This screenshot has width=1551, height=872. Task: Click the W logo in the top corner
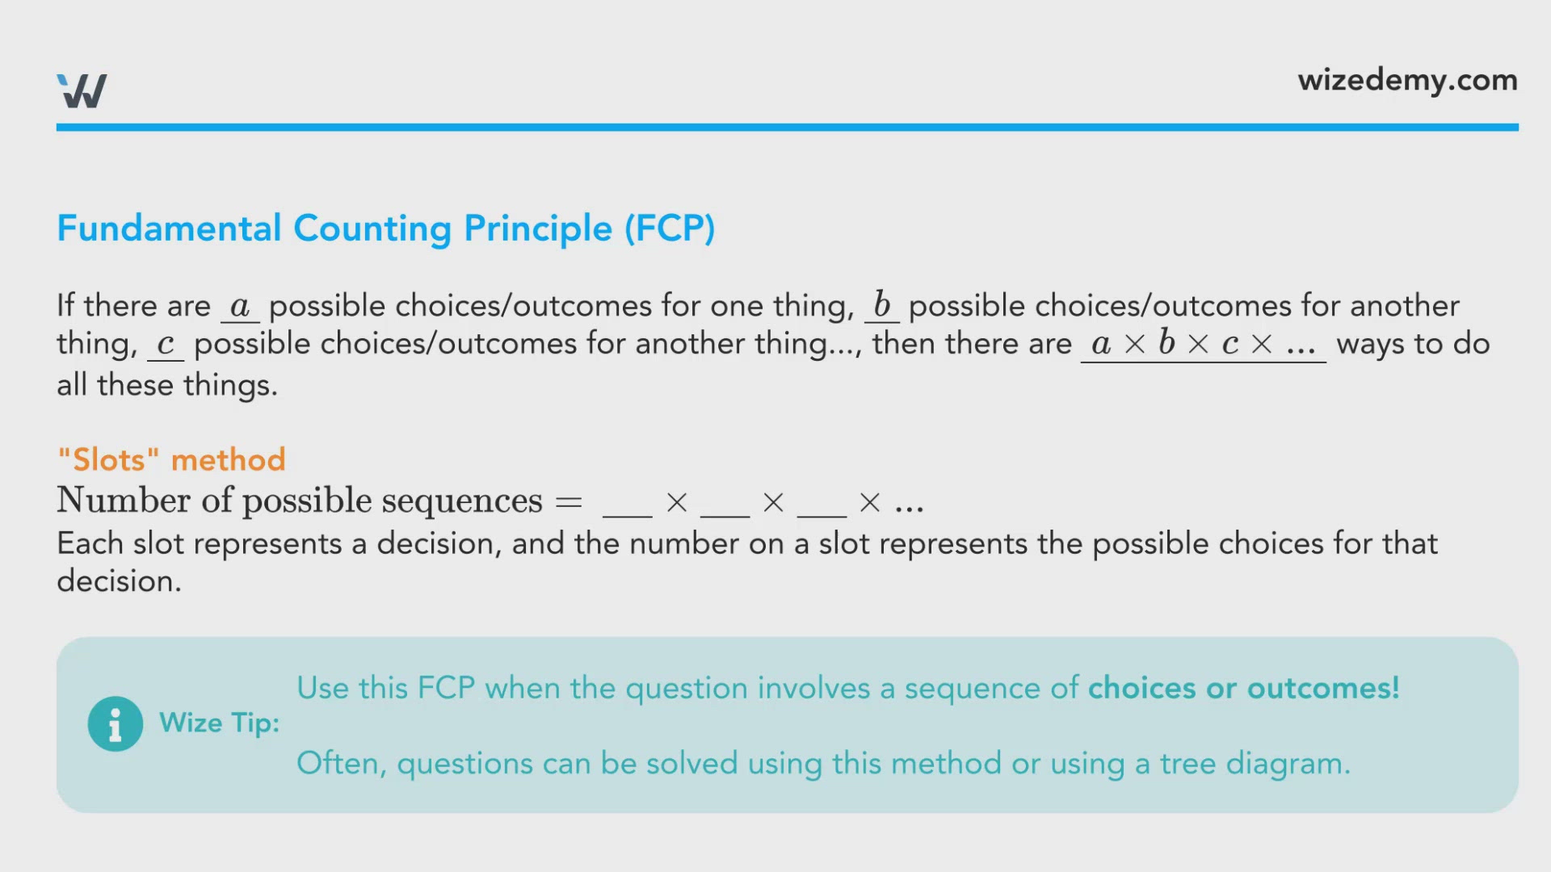[82, 90]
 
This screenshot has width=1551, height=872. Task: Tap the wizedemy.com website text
[1407, 81]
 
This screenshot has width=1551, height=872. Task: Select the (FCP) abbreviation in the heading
[670, 228]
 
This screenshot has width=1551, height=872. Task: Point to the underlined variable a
[240, 307]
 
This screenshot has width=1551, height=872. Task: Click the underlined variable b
[882, 305]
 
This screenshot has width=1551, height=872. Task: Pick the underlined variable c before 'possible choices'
[166, 345]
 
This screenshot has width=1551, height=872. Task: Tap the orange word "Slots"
[109, 459]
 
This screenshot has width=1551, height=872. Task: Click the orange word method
[229, 459]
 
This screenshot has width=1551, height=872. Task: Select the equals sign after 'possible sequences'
[569, 502]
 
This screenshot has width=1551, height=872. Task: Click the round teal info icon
[116, 724]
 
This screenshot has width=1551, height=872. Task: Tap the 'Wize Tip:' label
[220, 723]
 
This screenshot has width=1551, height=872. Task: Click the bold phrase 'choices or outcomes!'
[1244, 688]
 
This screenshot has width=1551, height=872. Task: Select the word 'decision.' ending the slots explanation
[120, 581]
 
